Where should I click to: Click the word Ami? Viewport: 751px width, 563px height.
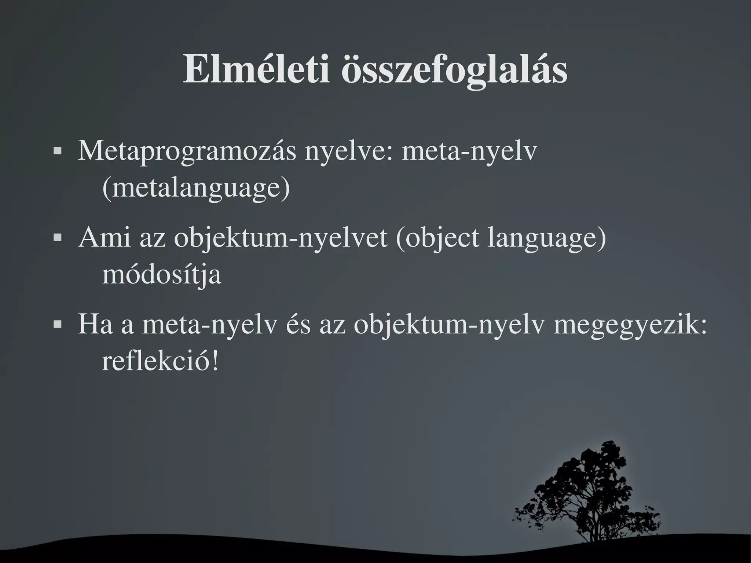point(105,237)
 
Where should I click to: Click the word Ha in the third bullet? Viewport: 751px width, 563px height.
point(95,325)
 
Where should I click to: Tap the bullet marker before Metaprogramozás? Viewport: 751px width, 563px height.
point(57,151)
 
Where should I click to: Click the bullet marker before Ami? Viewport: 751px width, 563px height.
point(57,238)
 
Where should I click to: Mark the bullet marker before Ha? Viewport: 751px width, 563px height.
point(57,325)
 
